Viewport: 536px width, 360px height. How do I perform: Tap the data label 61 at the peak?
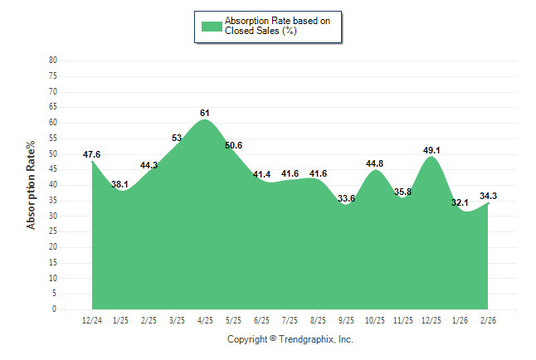tap(205, 113)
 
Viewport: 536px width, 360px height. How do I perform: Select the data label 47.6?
tap(92, 154)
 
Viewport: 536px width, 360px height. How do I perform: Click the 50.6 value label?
tap(233, 145)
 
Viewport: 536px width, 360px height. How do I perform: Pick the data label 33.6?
tap(346, 198)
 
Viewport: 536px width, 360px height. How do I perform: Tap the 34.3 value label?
tap(488, 196)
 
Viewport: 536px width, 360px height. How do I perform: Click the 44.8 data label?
tap(374, 163)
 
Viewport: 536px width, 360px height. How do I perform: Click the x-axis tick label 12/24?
tap(92, 321)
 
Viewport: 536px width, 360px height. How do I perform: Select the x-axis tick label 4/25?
tap(205, 321)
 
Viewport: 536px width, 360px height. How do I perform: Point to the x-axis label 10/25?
tap(374, 321)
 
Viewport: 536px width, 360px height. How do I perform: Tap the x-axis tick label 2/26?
tap(488, 321)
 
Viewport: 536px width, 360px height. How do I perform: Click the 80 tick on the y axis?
tap(53, 61)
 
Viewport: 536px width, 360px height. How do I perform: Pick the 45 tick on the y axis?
tap(53, 169)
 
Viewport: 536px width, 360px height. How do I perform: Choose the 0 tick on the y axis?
tap(55, 309)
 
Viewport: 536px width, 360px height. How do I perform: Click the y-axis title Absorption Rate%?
tap(32, 185)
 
